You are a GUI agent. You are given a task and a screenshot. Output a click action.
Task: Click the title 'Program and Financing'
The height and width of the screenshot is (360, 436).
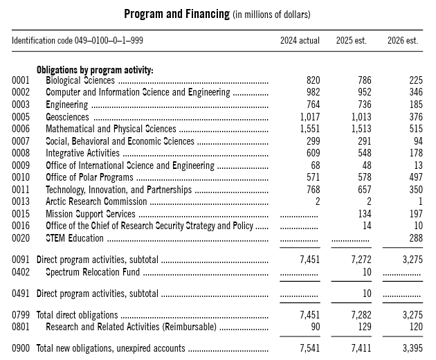176,14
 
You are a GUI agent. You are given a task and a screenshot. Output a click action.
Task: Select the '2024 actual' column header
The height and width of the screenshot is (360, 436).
300,41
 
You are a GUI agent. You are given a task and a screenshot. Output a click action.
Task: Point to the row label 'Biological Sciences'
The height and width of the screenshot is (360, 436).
80,81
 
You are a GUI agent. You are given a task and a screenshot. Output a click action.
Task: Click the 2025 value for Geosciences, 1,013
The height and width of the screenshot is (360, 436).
358,117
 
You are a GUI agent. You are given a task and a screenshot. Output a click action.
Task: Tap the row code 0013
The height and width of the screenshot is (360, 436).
21,201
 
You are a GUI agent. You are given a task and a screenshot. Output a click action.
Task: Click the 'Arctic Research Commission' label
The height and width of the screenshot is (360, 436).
96,201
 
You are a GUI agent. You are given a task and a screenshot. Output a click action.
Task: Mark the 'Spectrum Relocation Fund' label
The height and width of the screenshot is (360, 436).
92,271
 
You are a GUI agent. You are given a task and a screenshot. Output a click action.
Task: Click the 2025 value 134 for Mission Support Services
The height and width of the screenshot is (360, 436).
364,214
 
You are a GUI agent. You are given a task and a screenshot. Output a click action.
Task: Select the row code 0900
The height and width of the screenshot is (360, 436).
21,348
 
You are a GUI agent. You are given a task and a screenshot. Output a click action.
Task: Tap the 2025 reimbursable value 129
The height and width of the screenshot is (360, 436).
364,326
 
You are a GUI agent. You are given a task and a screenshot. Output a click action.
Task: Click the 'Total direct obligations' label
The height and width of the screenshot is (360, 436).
77,315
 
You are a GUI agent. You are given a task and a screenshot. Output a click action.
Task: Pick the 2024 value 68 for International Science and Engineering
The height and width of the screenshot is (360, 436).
314,165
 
